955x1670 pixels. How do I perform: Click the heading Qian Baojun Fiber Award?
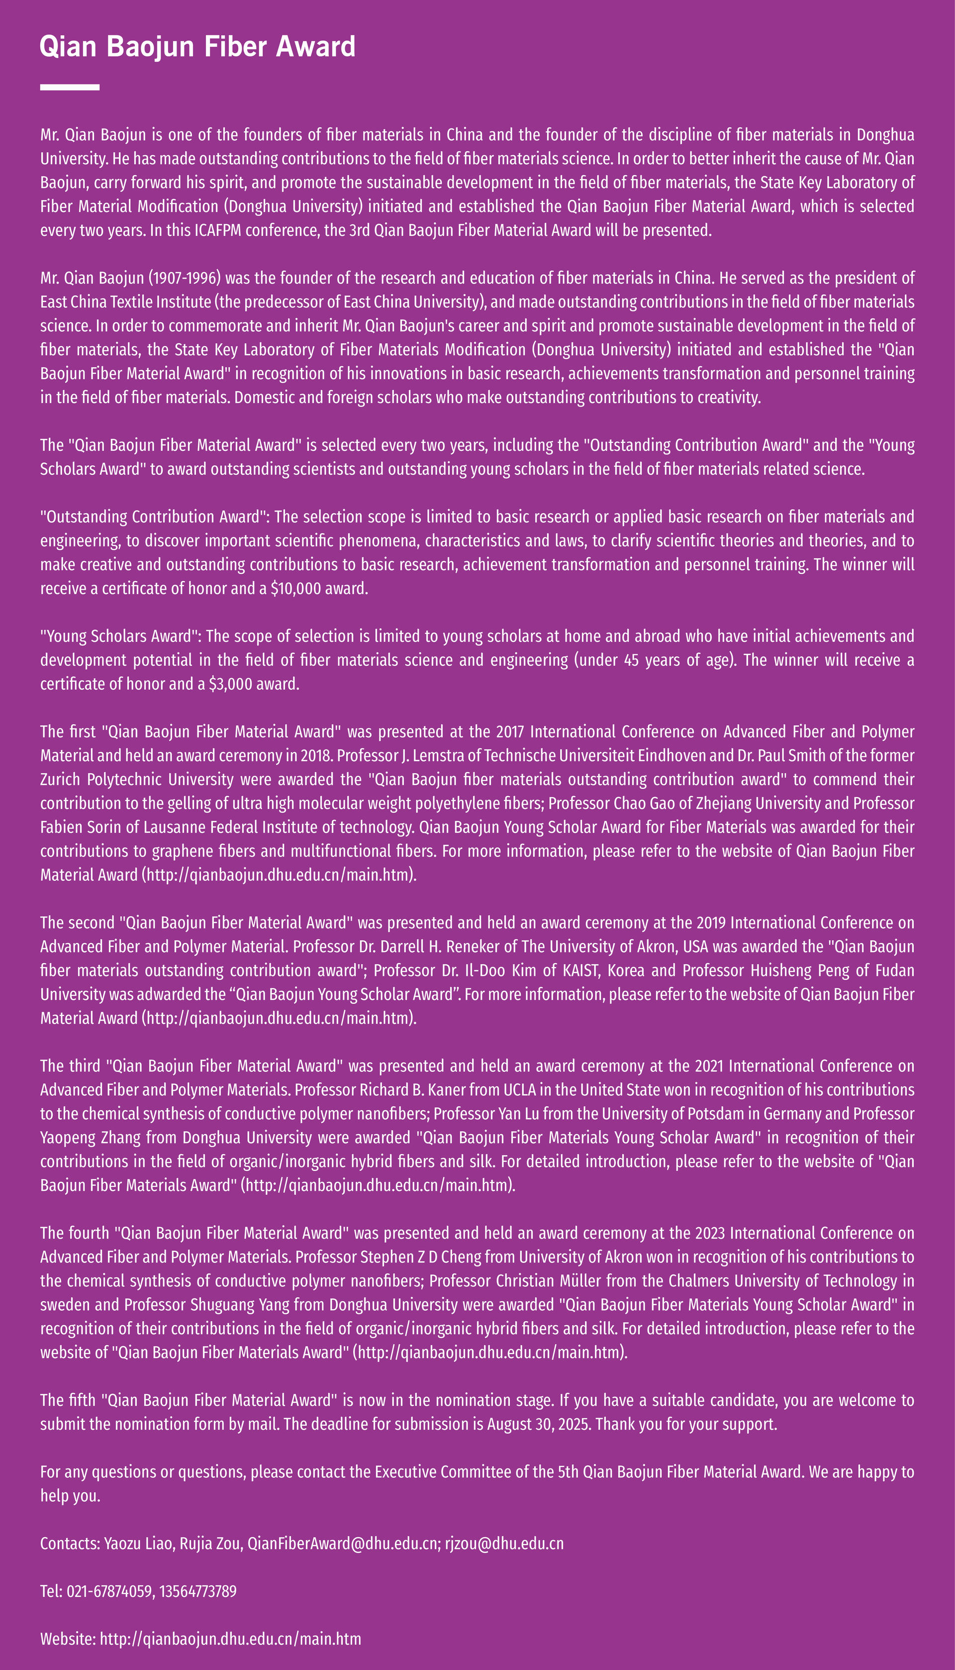[x=197, y=47]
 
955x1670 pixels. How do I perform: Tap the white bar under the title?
[x=70, y=87]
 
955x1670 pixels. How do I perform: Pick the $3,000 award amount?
[x=230, y=684]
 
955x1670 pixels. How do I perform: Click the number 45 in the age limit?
[x=632, y=660]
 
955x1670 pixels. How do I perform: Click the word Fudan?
[x=894, y=970]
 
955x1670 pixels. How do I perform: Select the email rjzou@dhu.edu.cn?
[x=504, y=1543]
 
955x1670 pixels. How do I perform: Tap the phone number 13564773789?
[x=197, y=1591]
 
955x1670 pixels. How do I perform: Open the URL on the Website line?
[x=230, y=1639]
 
